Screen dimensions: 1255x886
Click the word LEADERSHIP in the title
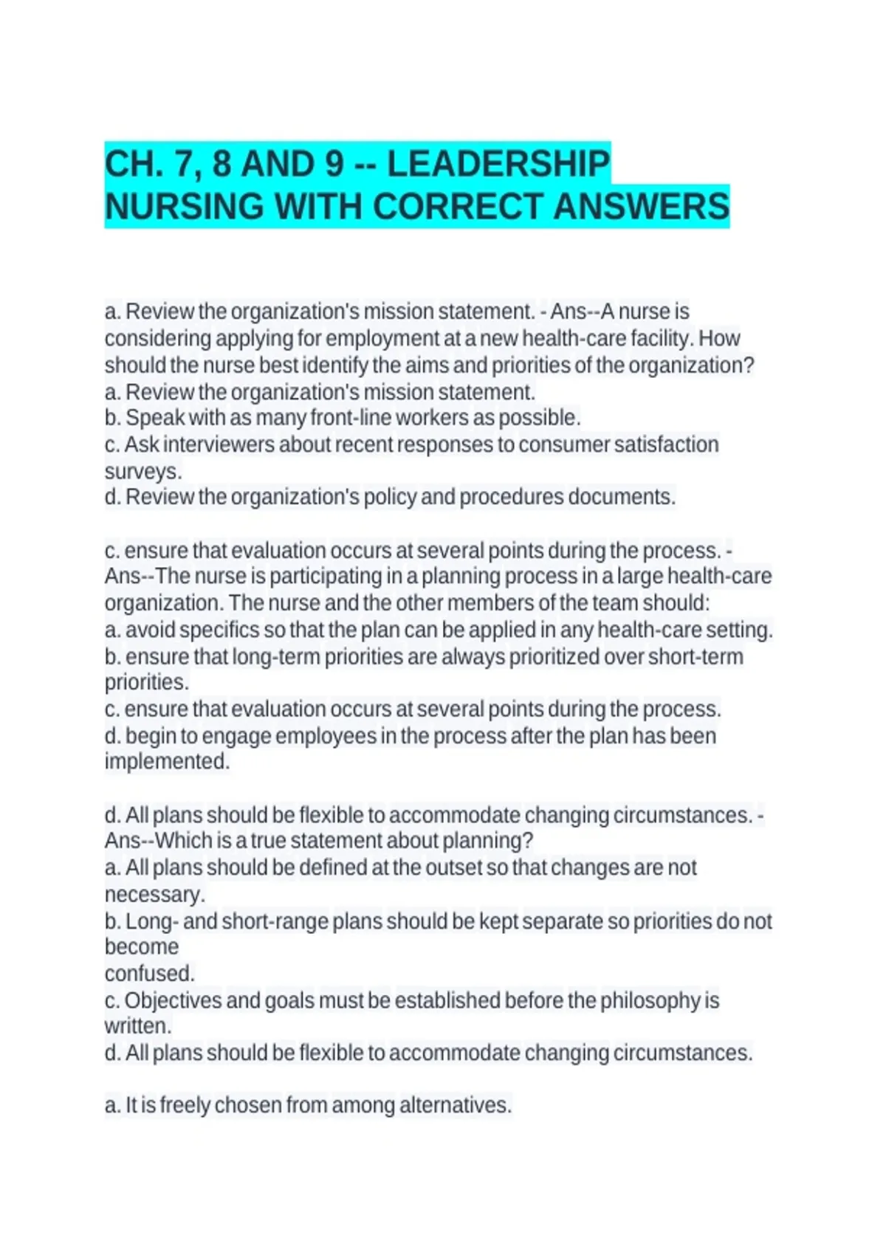coord(498,163)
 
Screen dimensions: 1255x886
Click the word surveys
coord(142,471)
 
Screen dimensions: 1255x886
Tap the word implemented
coord(167,761)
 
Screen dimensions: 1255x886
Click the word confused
coord(149,973)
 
